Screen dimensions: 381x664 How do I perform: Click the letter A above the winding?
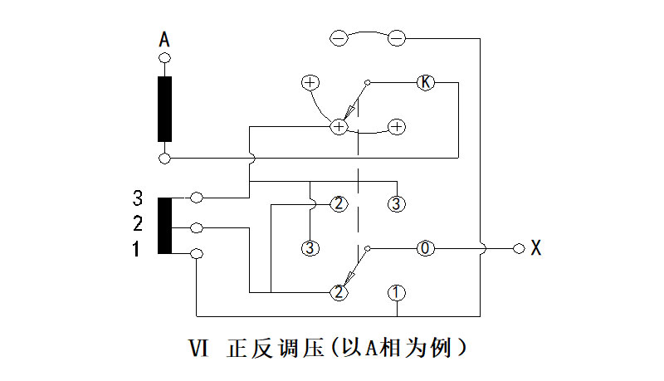(x=164, y=38)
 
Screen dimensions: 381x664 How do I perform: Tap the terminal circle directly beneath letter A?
(x=164, y=58)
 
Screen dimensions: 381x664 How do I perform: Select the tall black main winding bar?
(x=164, y=109)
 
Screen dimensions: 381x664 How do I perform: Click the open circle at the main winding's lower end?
(x=164, y=157)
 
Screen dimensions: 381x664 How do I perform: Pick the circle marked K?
(x=424, y=82)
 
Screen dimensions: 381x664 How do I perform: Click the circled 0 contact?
(x=424, y=248)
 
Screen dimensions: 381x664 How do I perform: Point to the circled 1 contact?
(x=397, y=292)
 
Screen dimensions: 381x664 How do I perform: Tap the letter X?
(x=536, y=247)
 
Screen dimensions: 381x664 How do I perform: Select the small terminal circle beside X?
(x=519, y=248)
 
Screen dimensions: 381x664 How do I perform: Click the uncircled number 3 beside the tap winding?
(x=138, y=198)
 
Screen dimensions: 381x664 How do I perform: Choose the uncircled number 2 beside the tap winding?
(x=138, y=224)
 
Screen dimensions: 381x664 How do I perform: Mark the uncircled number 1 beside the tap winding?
(x=138, y=248)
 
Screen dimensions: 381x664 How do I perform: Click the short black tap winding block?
(x=164, y=226)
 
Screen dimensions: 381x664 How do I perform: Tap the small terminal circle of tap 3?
(x=197, y=198)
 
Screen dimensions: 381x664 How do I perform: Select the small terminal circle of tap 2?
(x=197, y=227)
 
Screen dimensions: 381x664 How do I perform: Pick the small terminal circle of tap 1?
(x=197, y=253)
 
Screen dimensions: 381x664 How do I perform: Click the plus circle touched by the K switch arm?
(x=339, y=126)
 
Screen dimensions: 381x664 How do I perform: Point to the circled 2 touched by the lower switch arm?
(x=339, y=292)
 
